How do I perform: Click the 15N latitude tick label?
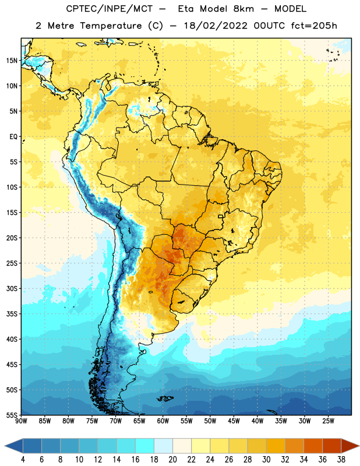tap(12, 61)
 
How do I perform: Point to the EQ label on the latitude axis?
tap(13, 137)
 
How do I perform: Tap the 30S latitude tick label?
tap(12, 288)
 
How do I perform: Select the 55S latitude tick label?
tap(12, 415)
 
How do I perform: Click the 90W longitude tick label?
tap(21, 421)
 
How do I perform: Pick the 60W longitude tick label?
tap(163, 421)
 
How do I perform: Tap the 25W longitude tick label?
tap(328, 421)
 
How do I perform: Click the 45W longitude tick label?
tap(234, 421)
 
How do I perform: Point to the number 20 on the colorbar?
tap(172, 460)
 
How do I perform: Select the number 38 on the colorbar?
tap(341, 460)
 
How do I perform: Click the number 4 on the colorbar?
tap(23, 460)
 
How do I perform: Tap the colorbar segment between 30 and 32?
tap(276, 446)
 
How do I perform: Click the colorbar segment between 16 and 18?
tap(144, 446)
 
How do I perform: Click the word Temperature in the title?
tap(111, 26)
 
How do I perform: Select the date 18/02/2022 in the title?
tap(216, 26)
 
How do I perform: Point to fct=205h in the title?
tap(314, 26)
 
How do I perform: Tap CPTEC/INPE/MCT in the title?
tap(109, 9)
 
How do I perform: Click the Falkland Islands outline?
tap(165, 398)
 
